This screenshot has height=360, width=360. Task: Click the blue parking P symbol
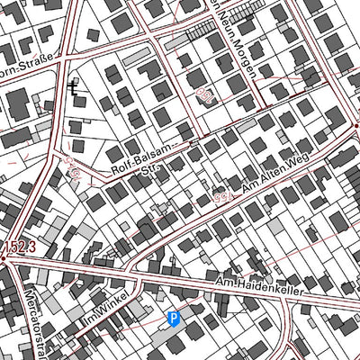pyautogui.click(x=174, y=317)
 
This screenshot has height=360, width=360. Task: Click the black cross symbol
pyautogui.click(x=73, y=88)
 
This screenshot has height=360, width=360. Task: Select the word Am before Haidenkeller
pyautogui.click(x=223, y=283)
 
